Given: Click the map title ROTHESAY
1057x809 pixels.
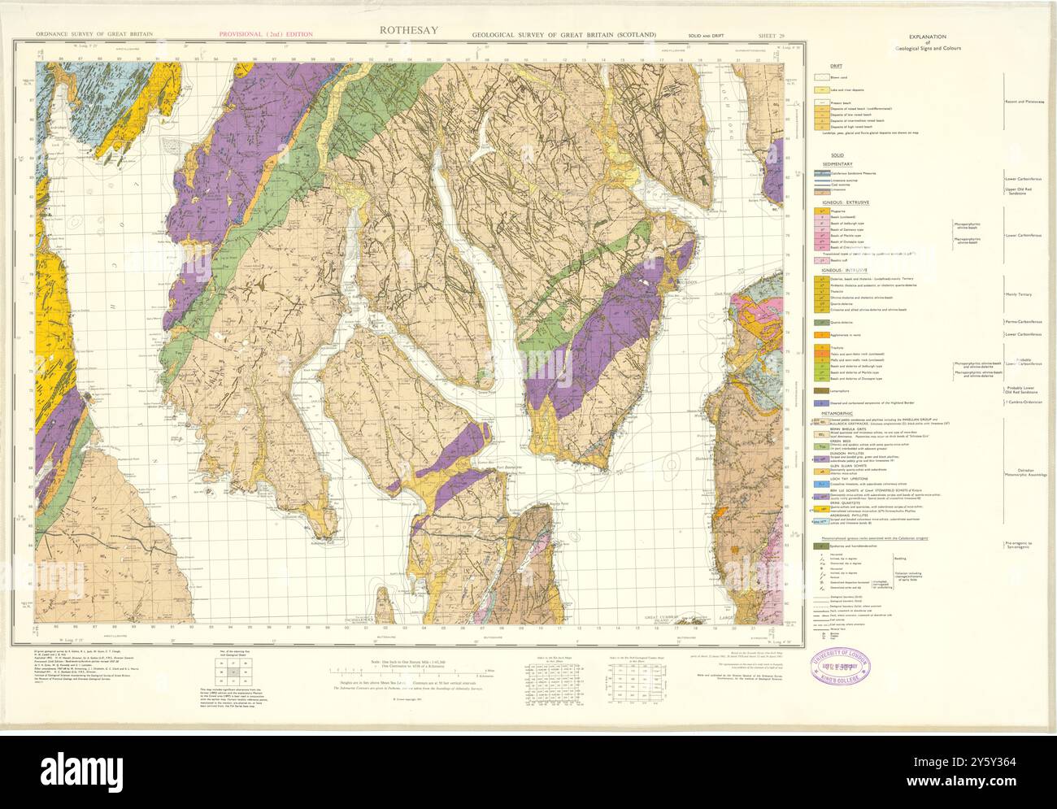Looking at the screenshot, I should (x=407, y=30).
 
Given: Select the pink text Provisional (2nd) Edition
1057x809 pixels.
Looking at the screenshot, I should (x=266, y=34).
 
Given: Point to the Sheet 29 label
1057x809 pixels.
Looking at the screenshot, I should (x=772, y=35).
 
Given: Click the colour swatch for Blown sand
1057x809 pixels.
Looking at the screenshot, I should (x=824, y=77).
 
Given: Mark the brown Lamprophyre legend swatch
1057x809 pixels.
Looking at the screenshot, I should (x=824, y=391).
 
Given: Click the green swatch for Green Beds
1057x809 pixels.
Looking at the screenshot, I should (x=824, y=446).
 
